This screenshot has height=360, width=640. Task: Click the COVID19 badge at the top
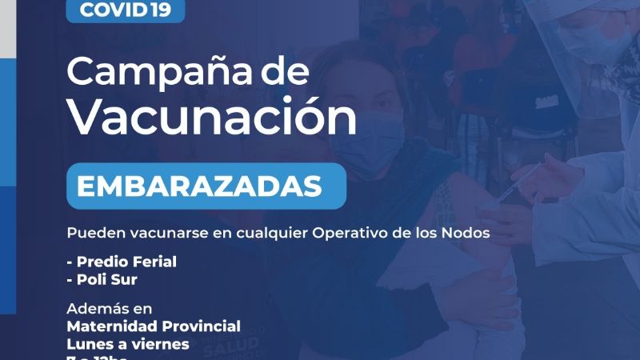pyautogui.click(x=125, y=10)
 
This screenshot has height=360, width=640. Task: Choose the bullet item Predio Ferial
pyautogui.click(x=123, y=262)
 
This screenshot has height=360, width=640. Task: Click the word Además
pyautogui.click(x=98, y=309)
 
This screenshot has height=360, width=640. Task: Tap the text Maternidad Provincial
pyautogui.click(x=154, y=326)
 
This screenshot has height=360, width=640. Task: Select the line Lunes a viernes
pyautogui.click(x=128, y=344)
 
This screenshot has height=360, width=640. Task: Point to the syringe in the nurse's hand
pyautogui.click(x=512, y=188)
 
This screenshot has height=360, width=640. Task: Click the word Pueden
pyautogui.click(x=91, y=233)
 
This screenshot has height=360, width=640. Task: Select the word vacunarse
pyautogui.click(x=160, y=233)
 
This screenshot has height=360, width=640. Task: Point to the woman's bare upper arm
pyautogui.click(x=488, y=264)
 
